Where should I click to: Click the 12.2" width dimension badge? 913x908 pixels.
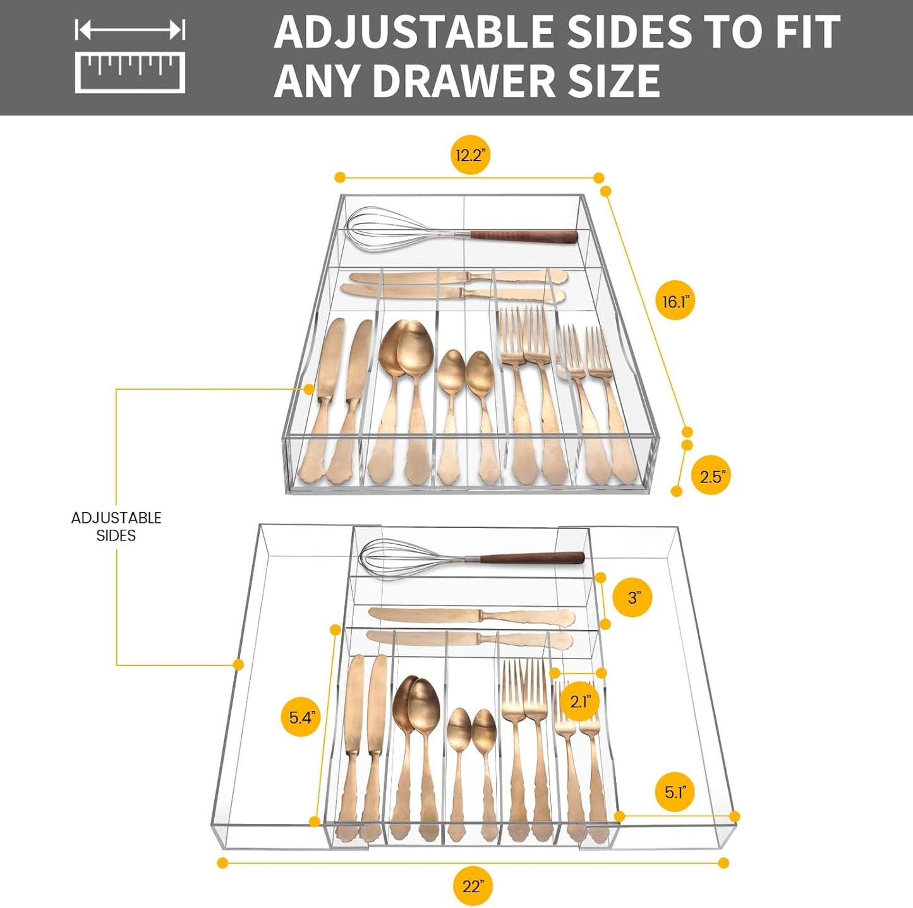pos(470,155)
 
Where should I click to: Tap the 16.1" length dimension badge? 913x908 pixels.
pos(675,301)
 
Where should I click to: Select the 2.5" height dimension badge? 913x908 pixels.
pos(711,476)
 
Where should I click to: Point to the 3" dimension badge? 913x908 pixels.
pos(634,597)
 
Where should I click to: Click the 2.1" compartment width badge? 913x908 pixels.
pos(580,701)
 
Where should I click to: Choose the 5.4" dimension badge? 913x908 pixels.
pos(301,717)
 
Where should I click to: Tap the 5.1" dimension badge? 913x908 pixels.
pos(675,792)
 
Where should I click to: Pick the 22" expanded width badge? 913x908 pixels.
pos(473,887)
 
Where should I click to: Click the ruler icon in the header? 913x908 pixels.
pos(130,57)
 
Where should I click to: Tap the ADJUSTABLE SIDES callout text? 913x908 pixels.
pos(116,527)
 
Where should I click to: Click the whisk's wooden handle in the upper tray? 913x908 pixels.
pos(524,236)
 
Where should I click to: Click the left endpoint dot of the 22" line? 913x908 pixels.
pos(222,863)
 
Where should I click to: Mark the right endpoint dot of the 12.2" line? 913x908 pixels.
pos(598,178)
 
